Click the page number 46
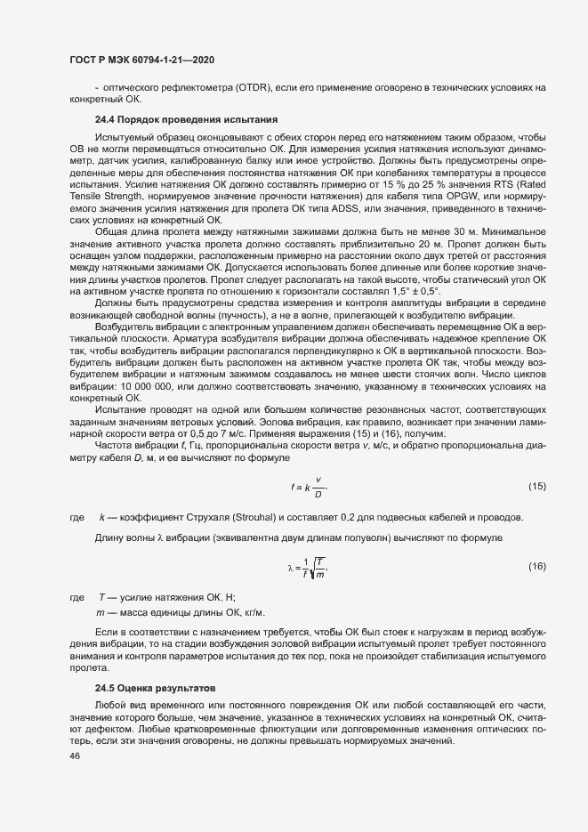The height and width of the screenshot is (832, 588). point(74,756)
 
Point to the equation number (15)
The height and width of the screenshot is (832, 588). point(536,486)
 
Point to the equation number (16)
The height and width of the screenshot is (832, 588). point(536,566)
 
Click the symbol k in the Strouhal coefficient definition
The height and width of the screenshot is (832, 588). point(102,518)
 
